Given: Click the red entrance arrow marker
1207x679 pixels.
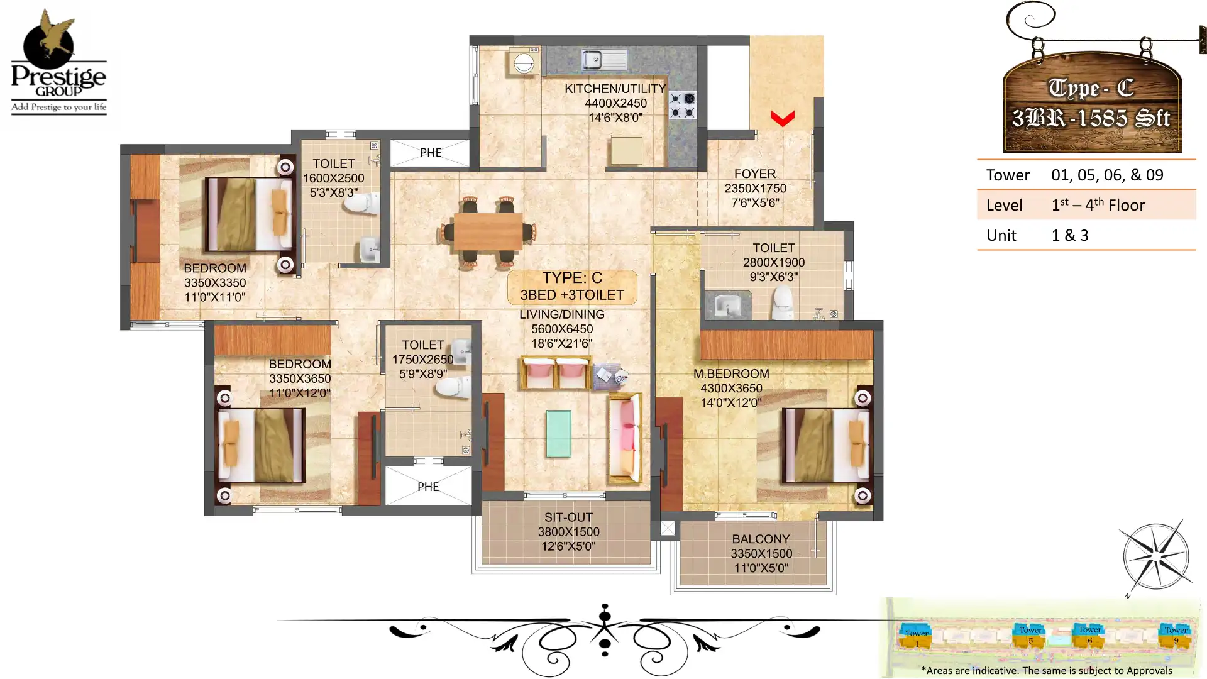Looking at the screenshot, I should click(x=783, y=118).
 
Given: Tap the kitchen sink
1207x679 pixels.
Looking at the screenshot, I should click(x=603, y=60).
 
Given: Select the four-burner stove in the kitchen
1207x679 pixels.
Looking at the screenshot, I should click(x=682, y=105).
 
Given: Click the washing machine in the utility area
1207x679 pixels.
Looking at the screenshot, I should click(x=524, y=63).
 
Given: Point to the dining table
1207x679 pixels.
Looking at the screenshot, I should click(x=488, y=231).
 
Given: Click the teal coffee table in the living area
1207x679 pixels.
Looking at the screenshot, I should click(x=559, y=433).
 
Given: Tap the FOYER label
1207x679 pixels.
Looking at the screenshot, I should click(x=755, y=174).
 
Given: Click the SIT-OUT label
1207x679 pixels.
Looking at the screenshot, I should click(x=568, y=517).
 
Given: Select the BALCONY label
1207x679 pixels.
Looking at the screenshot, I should click(x=761, y=539).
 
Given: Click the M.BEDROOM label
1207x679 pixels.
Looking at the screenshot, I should click(x=731, y=374).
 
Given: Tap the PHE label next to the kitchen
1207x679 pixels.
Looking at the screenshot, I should click(x=431, y=153).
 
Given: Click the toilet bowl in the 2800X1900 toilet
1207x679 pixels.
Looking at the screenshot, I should click(x=783, y=302).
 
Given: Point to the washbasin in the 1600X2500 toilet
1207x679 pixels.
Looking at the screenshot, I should click(x=370, y=250).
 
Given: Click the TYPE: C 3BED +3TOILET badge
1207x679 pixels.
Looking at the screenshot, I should click(x=572, y=287).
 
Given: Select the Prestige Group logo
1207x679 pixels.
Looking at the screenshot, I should click(x=58, y=63).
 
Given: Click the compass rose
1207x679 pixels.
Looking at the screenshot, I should click(x=1157, y=557).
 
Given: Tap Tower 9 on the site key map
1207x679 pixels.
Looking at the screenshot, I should click(x=1176, y=636).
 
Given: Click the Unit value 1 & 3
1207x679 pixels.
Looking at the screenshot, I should click(x=1070, y=236).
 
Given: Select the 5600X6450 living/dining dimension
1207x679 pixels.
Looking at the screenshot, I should click(x=562, y=329).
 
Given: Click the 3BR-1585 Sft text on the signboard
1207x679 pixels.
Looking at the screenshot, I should click(x=1091, y=118).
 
